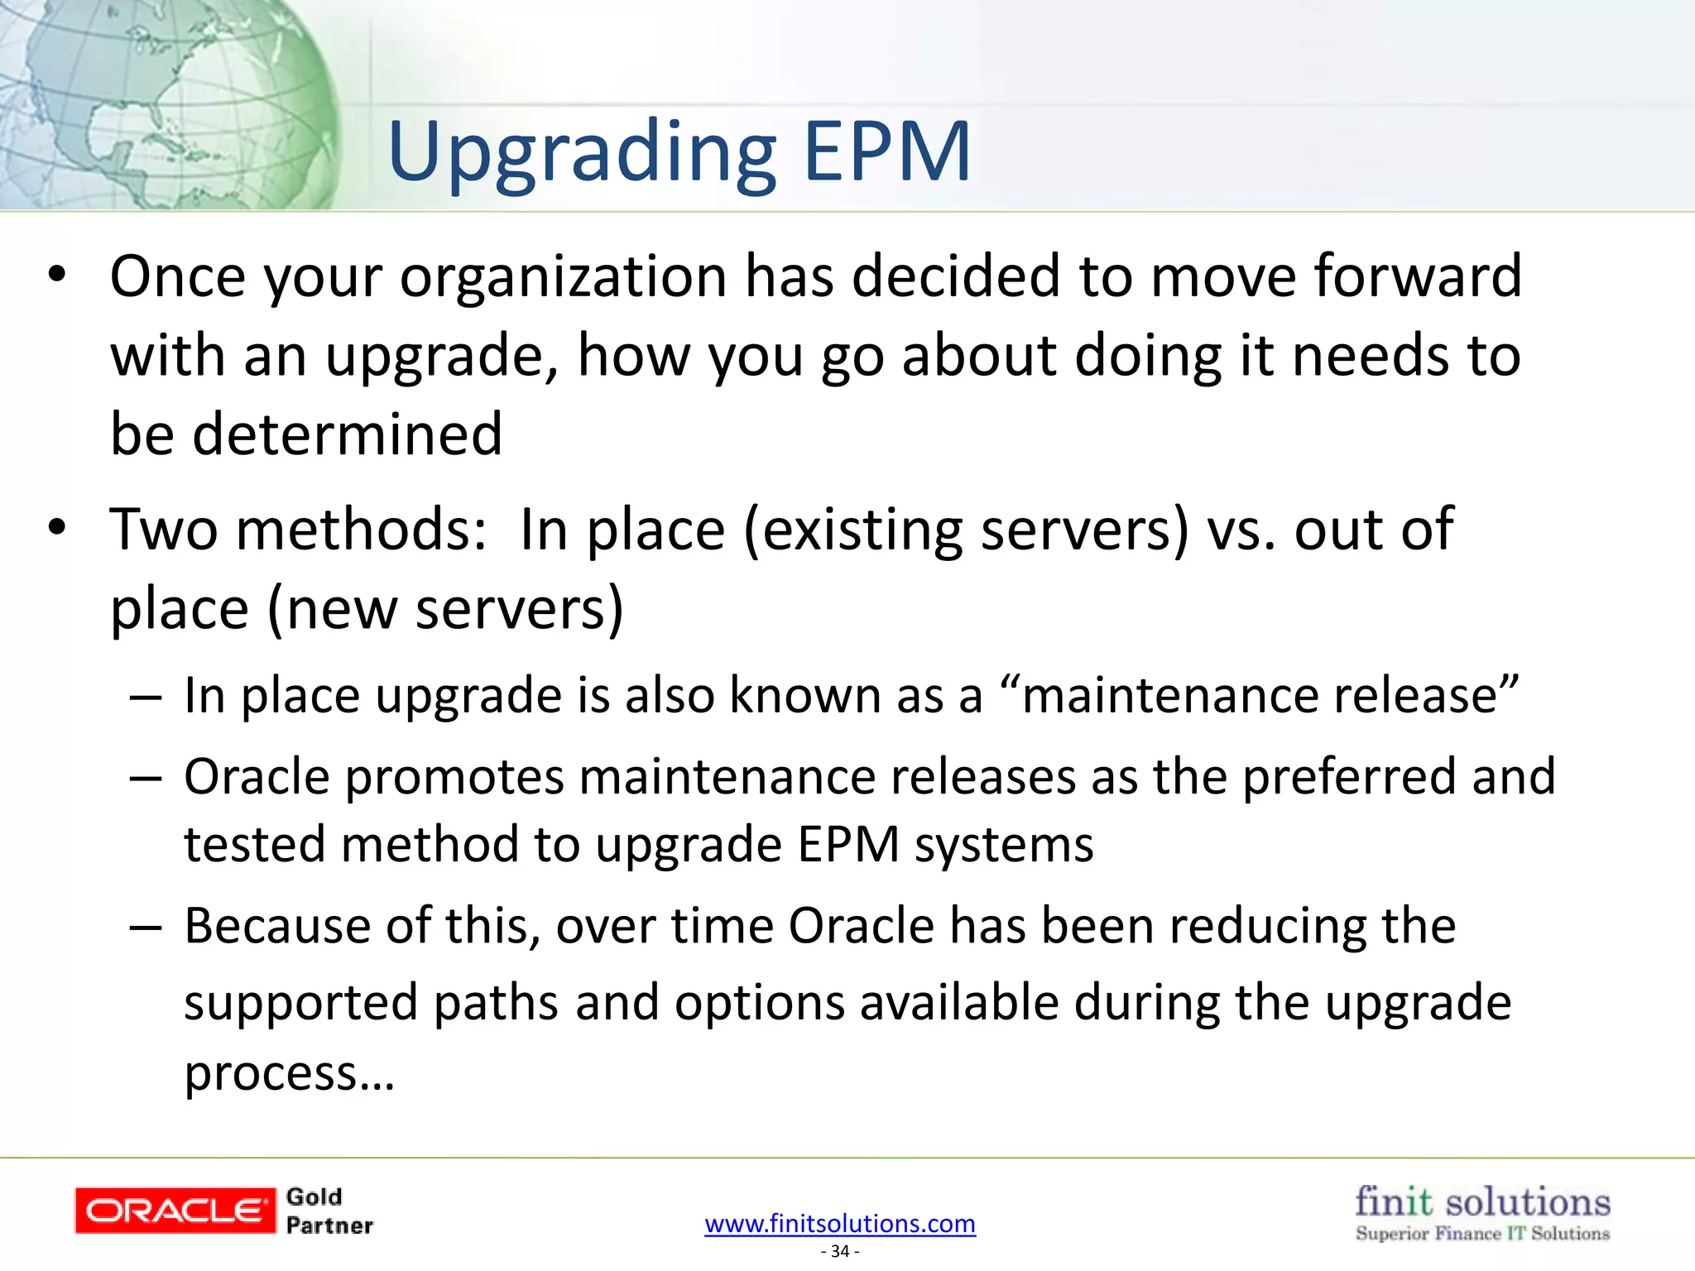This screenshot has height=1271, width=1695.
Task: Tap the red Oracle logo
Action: (175, 1211)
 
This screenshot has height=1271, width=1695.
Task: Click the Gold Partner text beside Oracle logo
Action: (329, 1211)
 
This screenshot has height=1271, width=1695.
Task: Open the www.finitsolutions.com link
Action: (840, 1223)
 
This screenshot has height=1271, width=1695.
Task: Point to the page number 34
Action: (840, 1251)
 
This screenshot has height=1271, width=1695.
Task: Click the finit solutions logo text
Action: (1482, 1201)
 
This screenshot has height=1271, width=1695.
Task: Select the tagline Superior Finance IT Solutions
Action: (1482, 1234)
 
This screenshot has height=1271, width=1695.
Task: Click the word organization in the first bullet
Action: (564, 277)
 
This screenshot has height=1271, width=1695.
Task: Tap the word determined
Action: (348, 434)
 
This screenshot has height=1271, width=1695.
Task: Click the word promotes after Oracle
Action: (454, 778)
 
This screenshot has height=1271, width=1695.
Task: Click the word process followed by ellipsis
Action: (270, 1074)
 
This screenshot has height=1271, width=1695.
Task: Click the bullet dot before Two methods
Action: (56, 527)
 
